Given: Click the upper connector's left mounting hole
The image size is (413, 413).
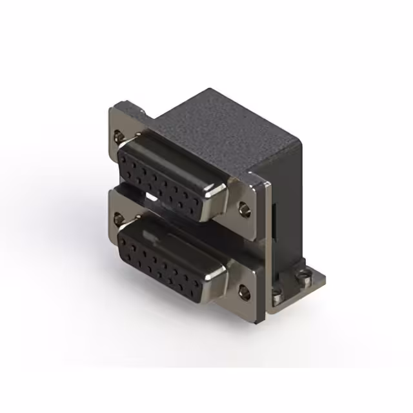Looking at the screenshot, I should (x=117, y=136).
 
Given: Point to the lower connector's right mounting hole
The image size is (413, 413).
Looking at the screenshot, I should (x=243, y=292).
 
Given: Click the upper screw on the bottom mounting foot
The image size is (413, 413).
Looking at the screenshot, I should (x=301, y=278).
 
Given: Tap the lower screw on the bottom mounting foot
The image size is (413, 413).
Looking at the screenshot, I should (x=277, y=299).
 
